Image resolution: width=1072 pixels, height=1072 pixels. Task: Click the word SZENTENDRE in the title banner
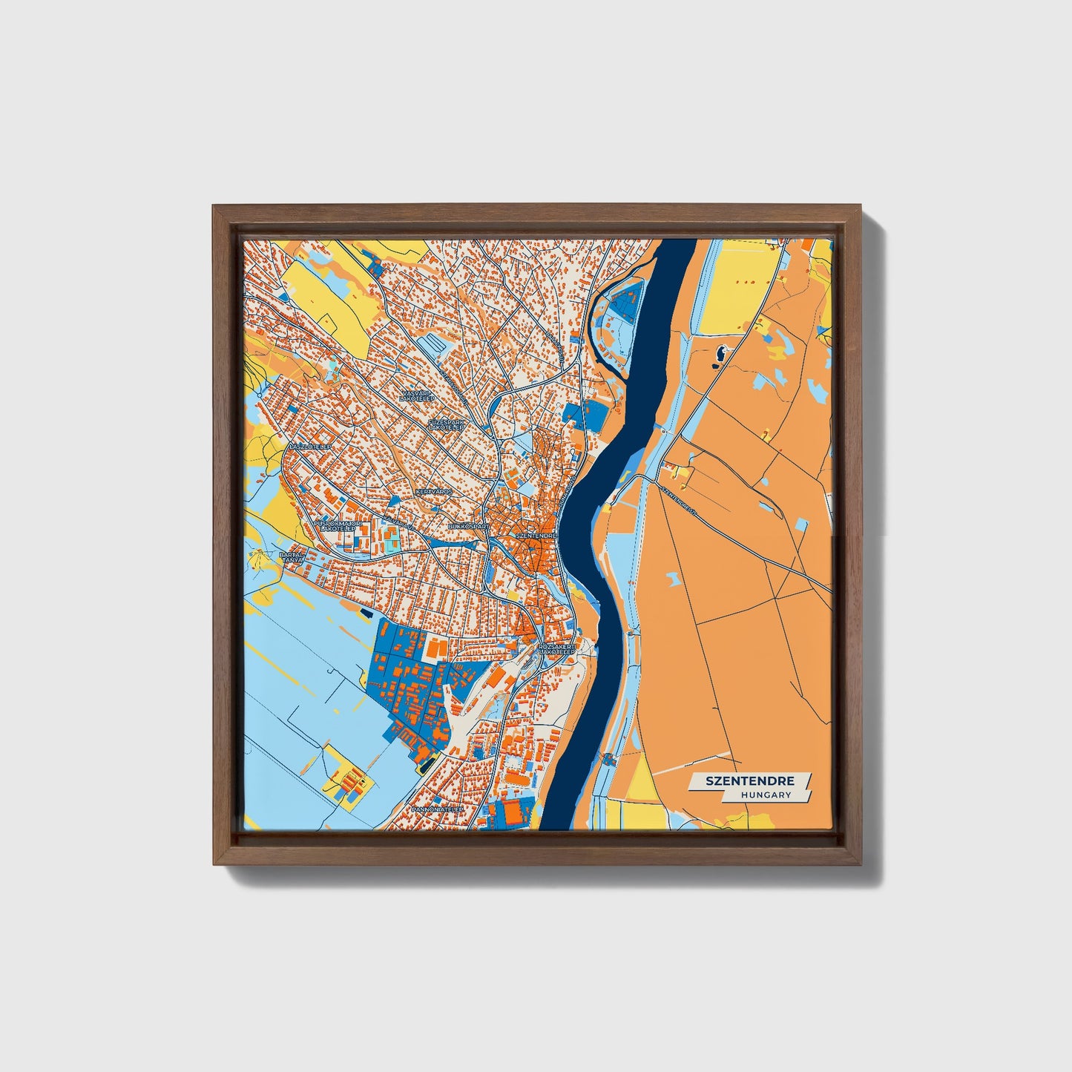tap(749, 781)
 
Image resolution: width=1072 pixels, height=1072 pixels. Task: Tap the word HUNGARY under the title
tap(765, 795)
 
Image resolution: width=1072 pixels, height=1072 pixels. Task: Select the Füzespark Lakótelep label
tap(445, 424)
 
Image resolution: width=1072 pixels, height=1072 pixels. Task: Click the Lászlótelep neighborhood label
tap(309, 448)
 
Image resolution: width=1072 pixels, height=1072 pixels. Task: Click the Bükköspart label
tap(469, 526)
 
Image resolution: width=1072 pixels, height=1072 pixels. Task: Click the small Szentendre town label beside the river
tap(536, 535)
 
